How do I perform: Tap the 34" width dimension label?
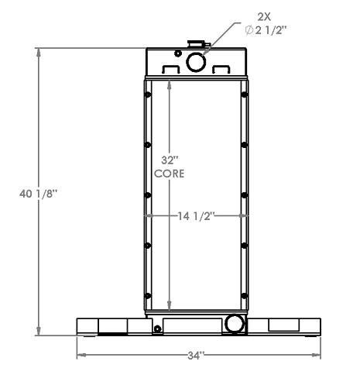coord(194,356)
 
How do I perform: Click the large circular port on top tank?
coord(195,60)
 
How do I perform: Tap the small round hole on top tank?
coord(179,53)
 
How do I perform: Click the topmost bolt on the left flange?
coord(147,95)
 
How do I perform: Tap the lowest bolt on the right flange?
coord(245,295)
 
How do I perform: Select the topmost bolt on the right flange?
coord(245,95)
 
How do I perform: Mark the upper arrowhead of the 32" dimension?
coord(170,81)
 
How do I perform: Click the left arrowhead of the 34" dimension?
coord(79,356)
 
